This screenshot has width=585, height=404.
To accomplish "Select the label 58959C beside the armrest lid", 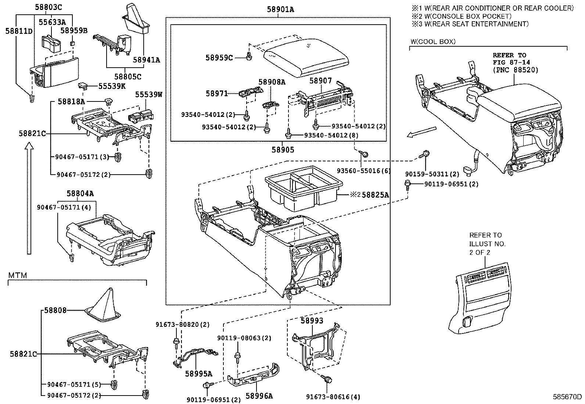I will pyautogui.click(x=219, y=58).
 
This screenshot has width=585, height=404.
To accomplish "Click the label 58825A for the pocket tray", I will pyautogui.click(x=375, y=195).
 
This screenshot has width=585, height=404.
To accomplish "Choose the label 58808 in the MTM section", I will pyautogui.click(x=55, y=310).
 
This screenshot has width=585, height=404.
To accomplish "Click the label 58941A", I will pyautogui.click(x=146, y=59).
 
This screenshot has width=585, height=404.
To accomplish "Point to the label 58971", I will pyautogui.click(x=216, y=94).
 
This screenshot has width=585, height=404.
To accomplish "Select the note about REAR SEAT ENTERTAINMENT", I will pyautogui.click(x=470, y=24).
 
